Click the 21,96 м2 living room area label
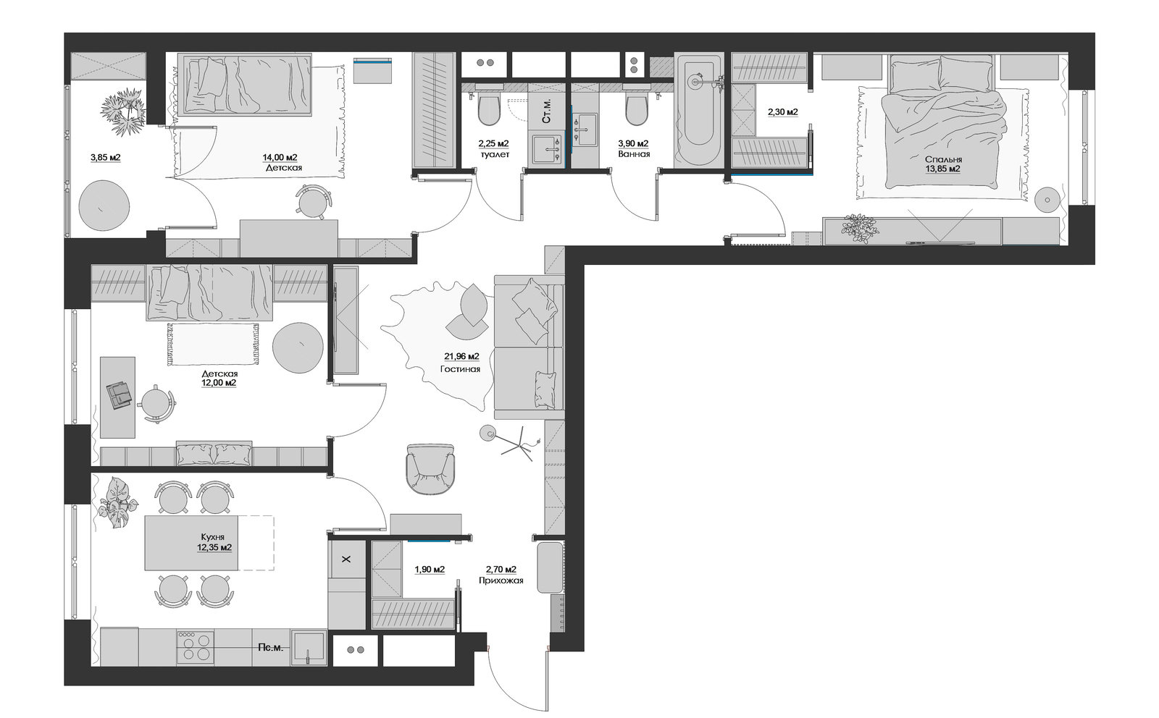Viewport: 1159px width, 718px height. point(461,356)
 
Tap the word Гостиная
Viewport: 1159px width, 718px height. point(460,369)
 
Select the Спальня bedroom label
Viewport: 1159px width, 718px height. point(943,160)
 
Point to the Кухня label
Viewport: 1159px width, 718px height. point(213,537)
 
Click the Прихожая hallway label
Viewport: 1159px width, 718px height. point(501,580)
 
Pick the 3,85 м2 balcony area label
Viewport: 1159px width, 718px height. point(106,157)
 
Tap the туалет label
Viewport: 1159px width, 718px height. point(495,154)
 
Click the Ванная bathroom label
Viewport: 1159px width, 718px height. point(634,154)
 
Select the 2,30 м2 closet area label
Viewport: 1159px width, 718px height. point(782,111)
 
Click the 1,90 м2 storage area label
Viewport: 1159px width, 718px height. point(430,570)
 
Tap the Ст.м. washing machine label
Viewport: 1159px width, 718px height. point(546,111)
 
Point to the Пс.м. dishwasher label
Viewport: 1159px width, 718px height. point(271,648)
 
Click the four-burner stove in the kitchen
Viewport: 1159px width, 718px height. point(196,647)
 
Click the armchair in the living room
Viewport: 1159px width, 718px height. point(430,469)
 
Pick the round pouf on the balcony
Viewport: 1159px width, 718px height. point(104,206)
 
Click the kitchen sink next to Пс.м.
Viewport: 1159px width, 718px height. point(309,647)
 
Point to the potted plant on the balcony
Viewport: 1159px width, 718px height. point(124,111)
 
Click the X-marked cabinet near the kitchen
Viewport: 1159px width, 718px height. point(347,559)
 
